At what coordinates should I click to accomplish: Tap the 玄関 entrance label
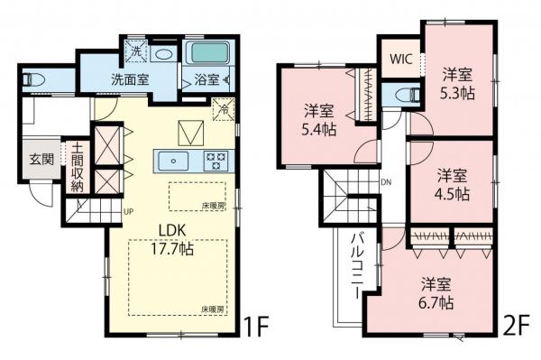[40, 159]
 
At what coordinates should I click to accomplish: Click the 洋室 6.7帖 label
[436, 293]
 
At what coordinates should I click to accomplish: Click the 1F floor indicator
[256, 322]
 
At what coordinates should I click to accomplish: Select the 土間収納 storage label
[78, 168]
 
